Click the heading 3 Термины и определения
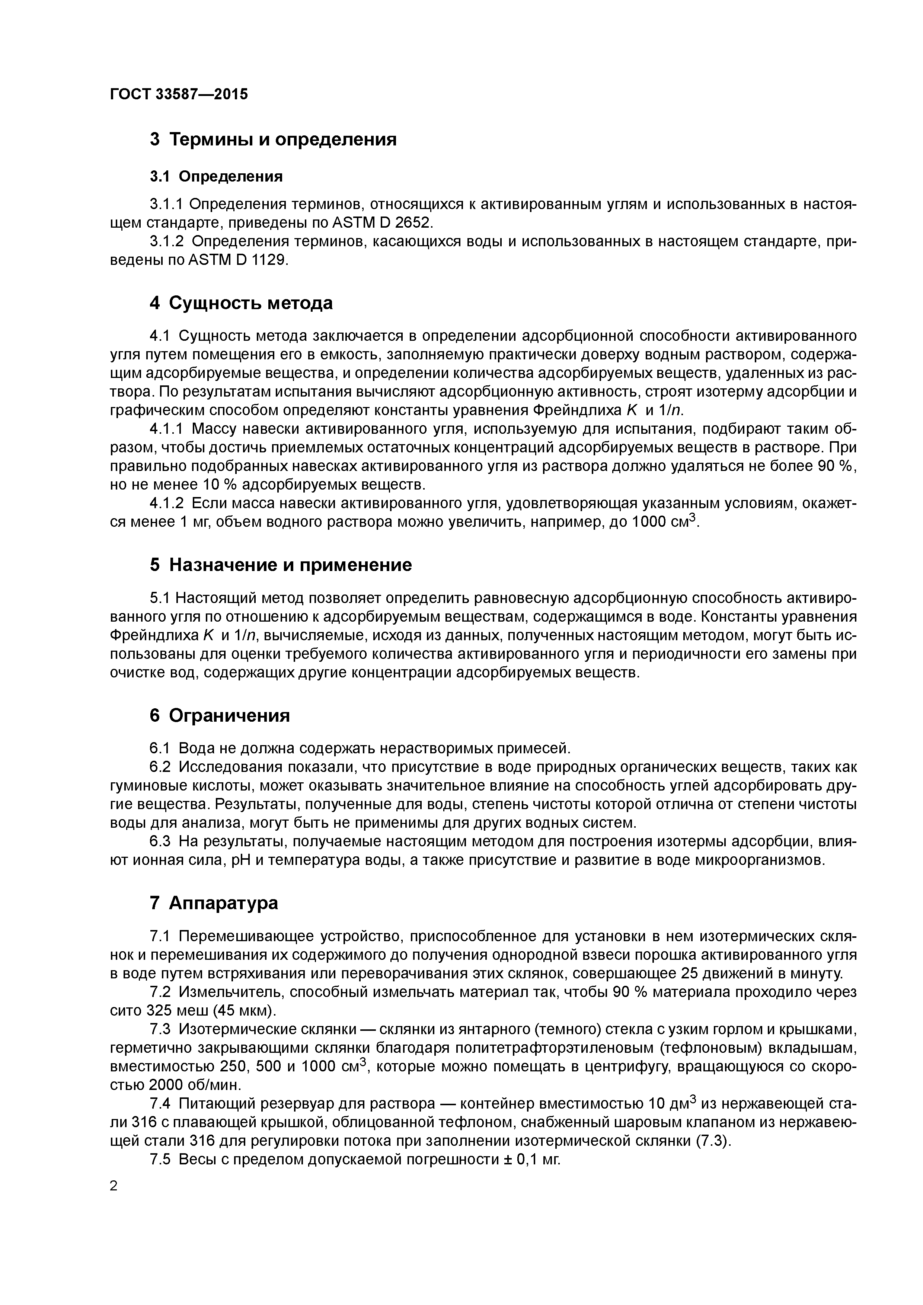273,139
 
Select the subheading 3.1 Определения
216,176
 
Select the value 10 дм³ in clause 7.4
672,1103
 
